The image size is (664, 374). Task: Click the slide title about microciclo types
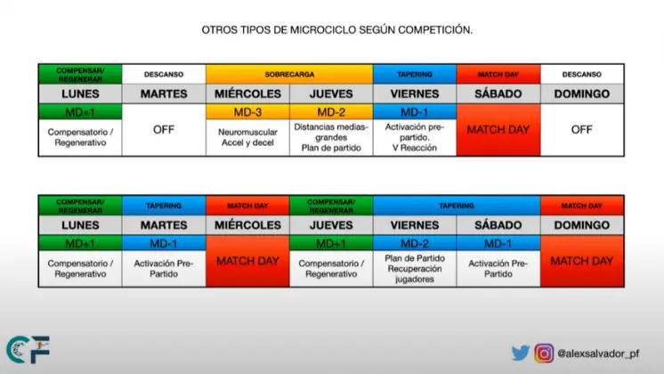337,30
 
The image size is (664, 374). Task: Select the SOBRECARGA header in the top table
289,74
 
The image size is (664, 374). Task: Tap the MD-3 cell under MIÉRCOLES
247,112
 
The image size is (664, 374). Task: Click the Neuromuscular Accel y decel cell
247,138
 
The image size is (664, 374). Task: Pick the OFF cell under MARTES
164,130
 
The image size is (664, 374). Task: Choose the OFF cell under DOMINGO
582,130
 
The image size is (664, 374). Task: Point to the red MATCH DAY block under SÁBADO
498,130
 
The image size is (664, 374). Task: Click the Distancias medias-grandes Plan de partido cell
331,138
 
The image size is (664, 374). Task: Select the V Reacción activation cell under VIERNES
415,138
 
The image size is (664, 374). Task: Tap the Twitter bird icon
521,353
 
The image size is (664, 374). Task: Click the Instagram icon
544,354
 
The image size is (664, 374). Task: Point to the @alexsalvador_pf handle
598,354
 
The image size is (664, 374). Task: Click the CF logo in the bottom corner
28,349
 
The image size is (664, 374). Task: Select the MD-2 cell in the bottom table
415,243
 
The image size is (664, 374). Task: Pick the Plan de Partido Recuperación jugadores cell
415,269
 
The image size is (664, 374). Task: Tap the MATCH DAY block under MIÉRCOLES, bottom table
247,261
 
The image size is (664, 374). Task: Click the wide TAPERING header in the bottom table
457,206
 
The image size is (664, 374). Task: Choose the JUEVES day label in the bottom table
331,225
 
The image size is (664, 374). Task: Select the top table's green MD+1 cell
80,112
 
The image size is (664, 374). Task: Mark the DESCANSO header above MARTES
164,74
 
